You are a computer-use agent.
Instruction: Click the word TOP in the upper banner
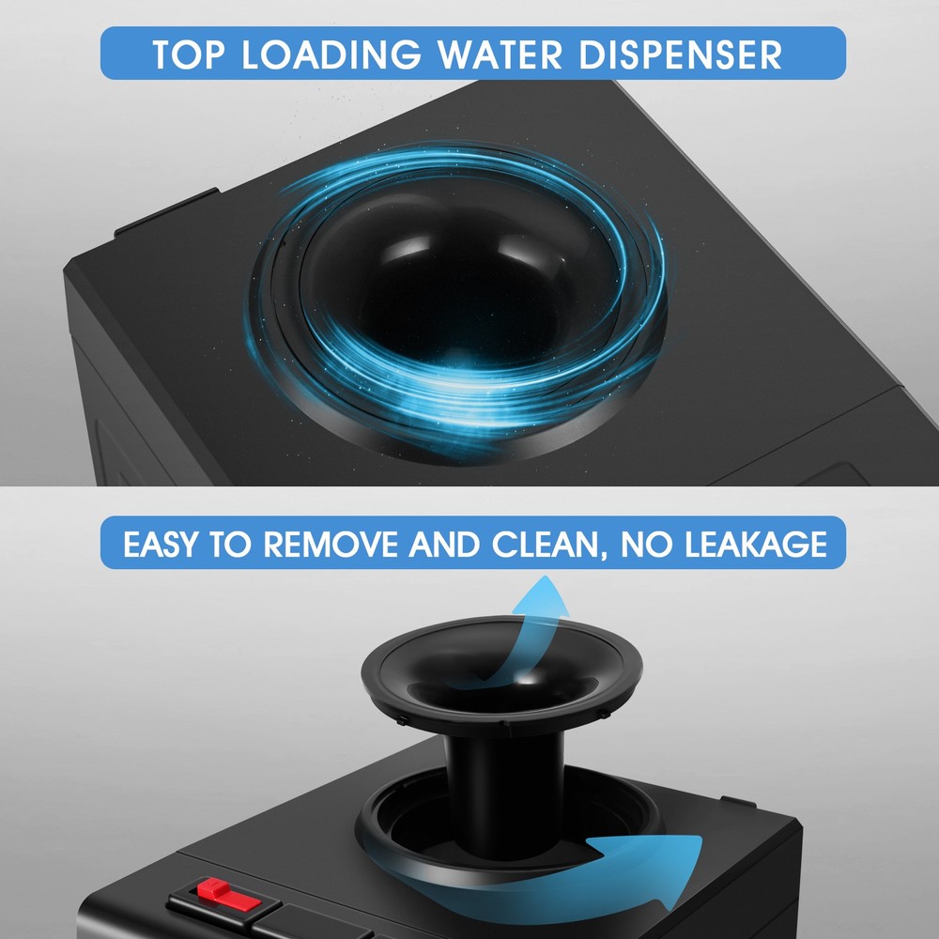pos(189,54)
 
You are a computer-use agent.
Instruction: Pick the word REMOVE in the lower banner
pos(329,545)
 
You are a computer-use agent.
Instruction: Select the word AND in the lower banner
pos(439,545)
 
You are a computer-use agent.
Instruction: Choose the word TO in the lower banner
pos(232,545)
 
